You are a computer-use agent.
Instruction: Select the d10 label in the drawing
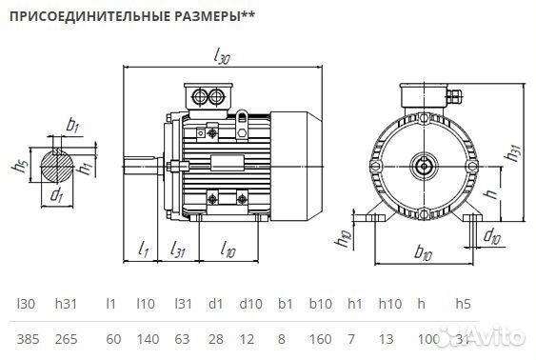[x=491, y=234]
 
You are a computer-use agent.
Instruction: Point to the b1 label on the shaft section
[x=73, y=125]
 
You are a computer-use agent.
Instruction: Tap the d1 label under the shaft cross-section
[x=58, y=196]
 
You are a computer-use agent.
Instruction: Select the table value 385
[x=27, y=339]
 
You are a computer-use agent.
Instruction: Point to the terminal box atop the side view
[x=209, y=96]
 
